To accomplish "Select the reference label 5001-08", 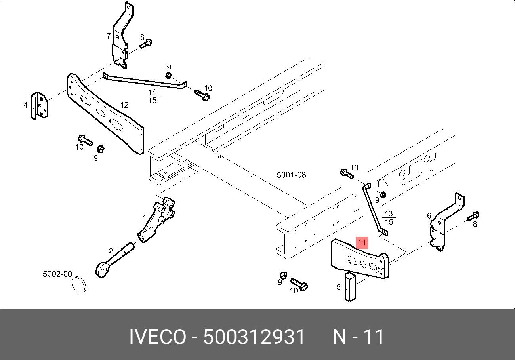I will [291, 175].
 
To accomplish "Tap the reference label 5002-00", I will [57, 274].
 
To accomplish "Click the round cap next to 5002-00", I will [79, 285].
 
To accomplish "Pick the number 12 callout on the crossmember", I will [124, 105].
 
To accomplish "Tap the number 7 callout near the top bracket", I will [109, 36].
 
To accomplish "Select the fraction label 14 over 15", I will [152, 96].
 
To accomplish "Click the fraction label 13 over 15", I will [389, 218].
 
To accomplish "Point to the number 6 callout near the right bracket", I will [429, 215].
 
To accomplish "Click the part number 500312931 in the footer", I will [254, 337].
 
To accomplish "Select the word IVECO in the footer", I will [157, 337].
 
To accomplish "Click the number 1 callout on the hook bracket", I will [145, 218].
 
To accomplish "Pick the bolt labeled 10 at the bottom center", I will [299, 284].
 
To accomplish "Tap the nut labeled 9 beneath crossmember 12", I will [100, 149].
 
